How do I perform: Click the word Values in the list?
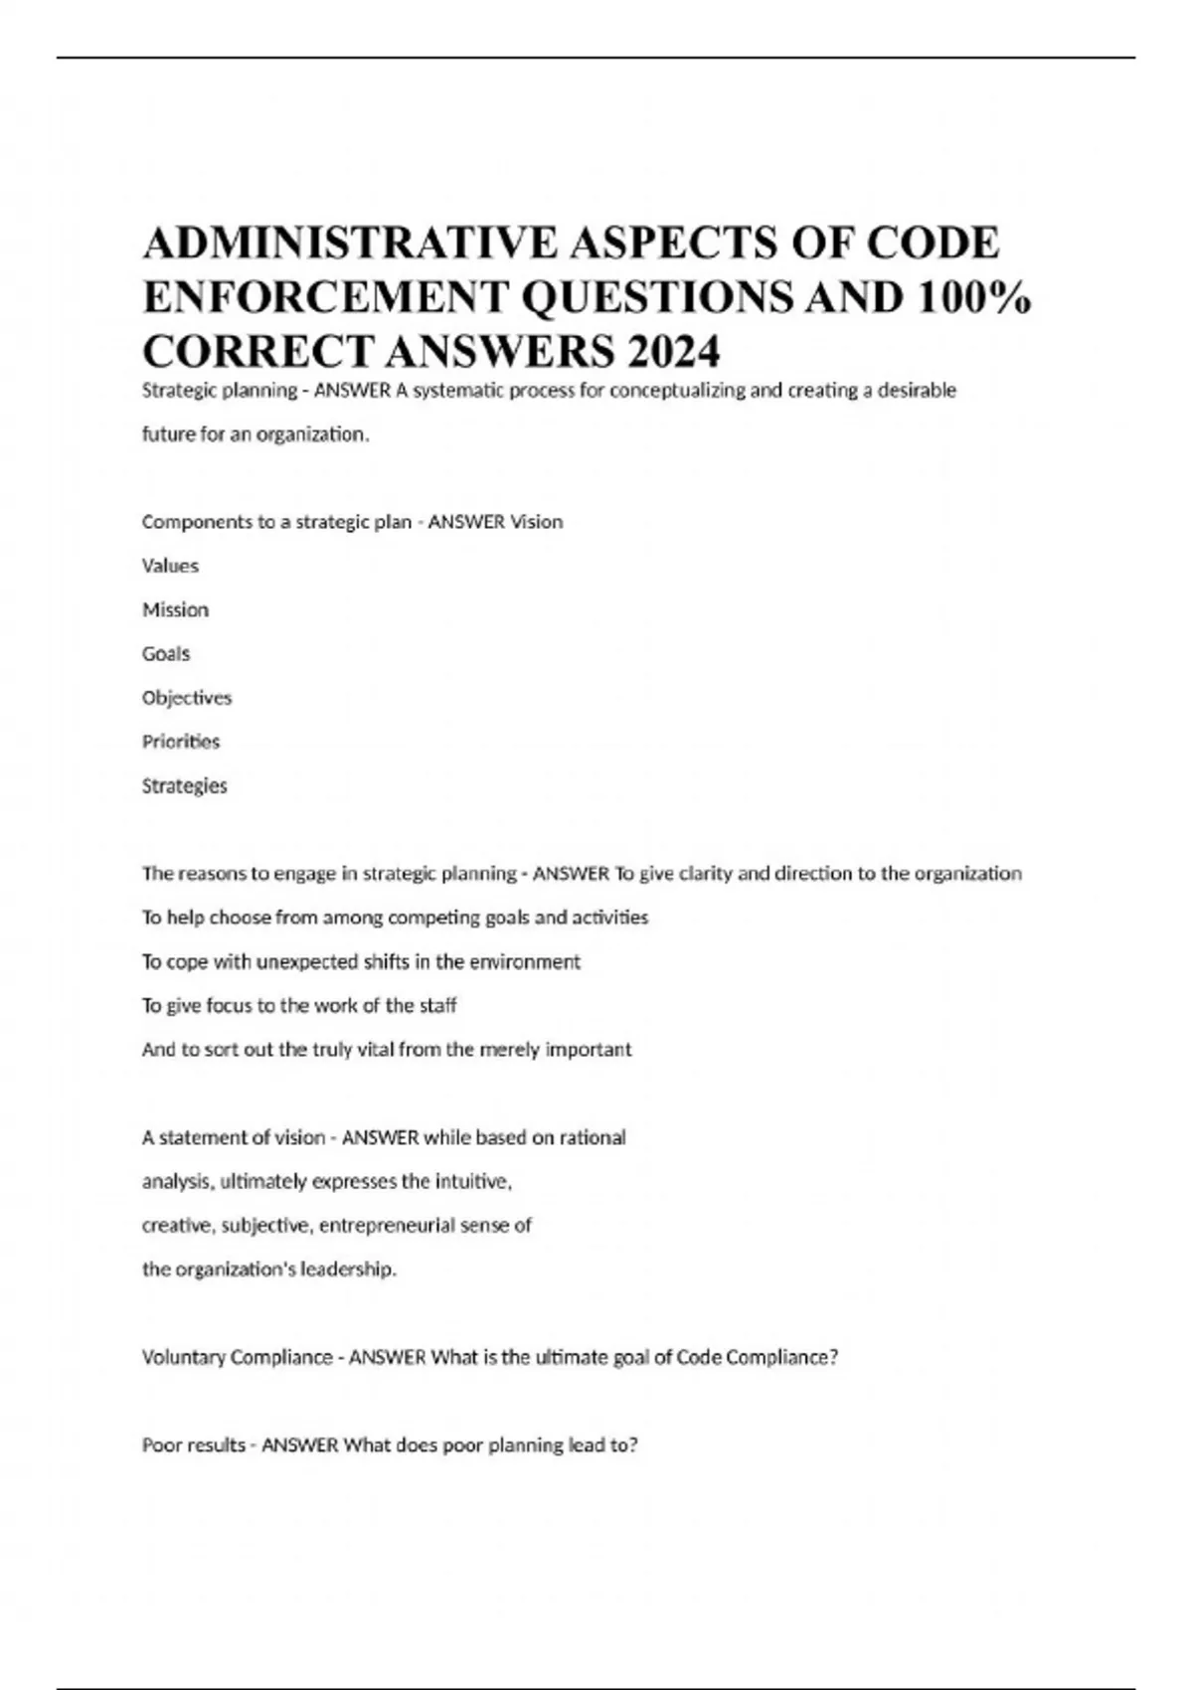170,566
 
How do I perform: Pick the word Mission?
175,609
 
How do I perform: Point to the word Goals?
166,653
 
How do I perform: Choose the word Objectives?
187,698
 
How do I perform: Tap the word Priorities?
181,742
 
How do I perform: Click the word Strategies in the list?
185,785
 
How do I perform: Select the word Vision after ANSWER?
537,522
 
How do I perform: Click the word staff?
438,1005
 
